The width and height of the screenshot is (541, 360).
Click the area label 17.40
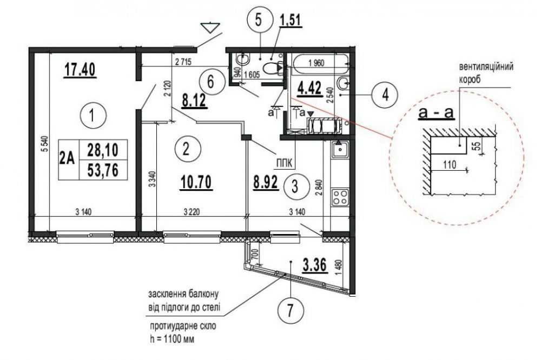pos(80,70)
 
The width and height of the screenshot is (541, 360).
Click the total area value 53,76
pos(102,170)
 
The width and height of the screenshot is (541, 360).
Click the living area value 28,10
pos(102,150)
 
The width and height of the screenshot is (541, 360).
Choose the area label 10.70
pos(196,182)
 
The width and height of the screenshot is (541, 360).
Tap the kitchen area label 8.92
pos(265,182)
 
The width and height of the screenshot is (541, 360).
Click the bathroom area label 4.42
pos(309,88)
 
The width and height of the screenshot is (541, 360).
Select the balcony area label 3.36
pos(314,265)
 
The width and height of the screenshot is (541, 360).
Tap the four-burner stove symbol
pos(340,197)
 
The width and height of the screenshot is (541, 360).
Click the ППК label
pos(283,163)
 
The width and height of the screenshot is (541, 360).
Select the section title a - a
pos(436,112)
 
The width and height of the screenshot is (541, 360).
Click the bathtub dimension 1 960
pos(316,63)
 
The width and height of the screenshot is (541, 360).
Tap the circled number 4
pos(385,94)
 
